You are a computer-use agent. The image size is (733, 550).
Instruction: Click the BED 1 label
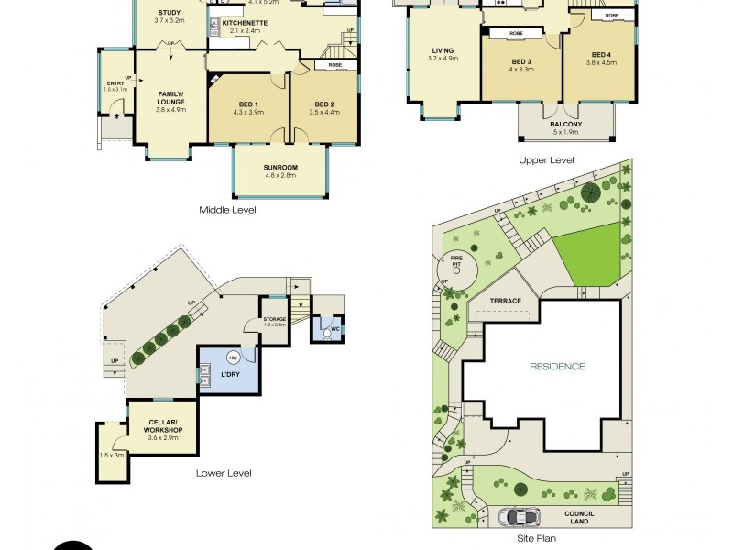248,104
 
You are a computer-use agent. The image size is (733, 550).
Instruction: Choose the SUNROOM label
279,168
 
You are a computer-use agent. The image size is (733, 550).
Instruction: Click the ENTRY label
115,84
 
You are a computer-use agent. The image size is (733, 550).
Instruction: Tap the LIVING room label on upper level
443,51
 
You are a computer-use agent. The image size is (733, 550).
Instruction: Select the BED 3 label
521,60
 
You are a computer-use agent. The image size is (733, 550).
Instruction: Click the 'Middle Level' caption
227,210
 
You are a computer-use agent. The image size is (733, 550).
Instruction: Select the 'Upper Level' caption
546,160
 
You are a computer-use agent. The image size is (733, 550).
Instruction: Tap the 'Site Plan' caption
534,539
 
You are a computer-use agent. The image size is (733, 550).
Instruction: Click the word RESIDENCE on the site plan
557,367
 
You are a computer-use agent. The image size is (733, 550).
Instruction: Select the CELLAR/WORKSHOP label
162,427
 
